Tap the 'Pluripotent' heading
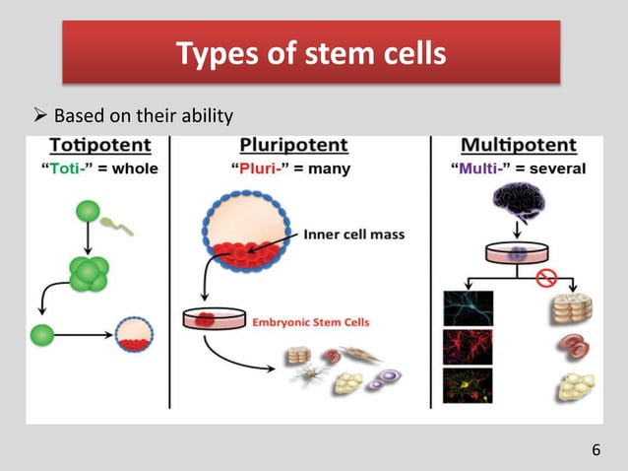295,146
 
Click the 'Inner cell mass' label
352,235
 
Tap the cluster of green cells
88,274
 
